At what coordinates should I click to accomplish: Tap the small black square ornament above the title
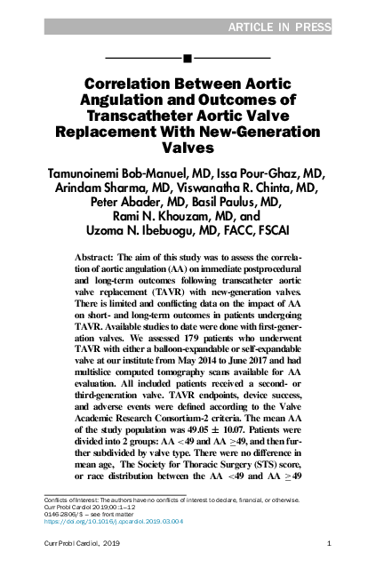[x=188, y=59]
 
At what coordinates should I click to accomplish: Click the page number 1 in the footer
[x=329, y=542]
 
